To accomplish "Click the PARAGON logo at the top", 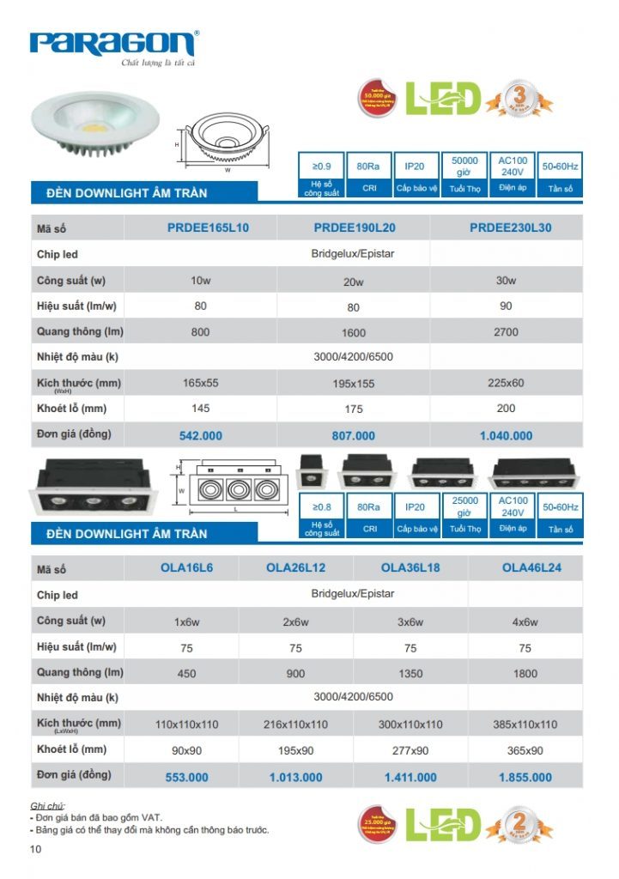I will tap(113, 44).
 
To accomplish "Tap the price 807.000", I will tap(353, 436).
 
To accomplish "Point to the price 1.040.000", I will tap(506, 436).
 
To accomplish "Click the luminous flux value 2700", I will tap(506, 331).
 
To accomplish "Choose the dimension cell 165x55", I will tap(200, 383).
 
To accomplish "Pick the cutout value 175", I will tap(353, 409).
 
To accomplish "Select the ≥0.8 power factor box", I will tap(322, 508).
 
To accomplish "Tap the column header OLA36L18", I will tap(410, 567).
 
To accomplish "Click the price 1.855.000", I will tap(525, 778).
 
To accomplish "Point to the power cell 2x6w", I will tap(295, 621).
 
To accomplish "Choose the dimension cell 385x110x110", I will tap(525, 724).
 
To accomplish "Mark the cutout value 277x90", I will tap(410, 751).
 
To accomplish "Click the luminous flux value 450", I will tap(186, 674).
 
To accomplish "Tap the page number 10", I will tap(35, 850).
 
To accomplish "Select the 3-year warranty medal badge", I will tap(519, 97).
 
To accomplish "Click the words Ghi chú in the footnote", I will tap(47, 806).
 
